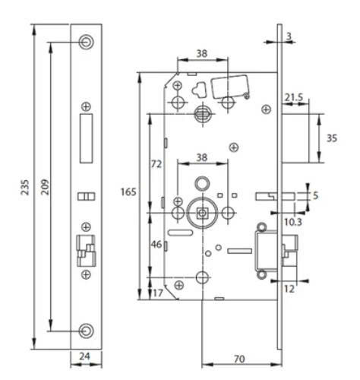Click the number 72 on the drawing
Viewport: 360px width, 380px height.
tap(157, 163)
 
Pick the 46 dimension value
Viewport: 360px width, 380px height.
tap(157, 245)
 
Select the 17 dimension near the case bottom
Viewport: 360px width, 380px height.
tap(158, 292)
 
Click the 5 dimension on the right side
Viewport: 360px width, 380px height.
tap(316, 196)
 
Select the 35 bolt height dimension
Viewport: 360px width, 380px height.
tap(331, 138)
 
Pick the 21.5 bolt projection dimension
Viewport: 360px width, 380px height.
tap(295, 97)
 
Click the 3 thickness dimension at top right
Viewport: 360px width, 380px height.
tap(289, 36)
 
